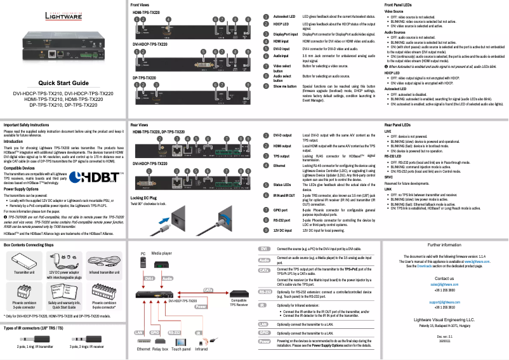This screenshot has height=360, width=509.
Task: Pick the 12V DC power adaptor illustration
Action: pyautogui.click(x=63, y=262)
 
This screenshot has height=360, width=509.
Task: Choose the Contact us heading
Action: pyautogui.click(x=444, y=279)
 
